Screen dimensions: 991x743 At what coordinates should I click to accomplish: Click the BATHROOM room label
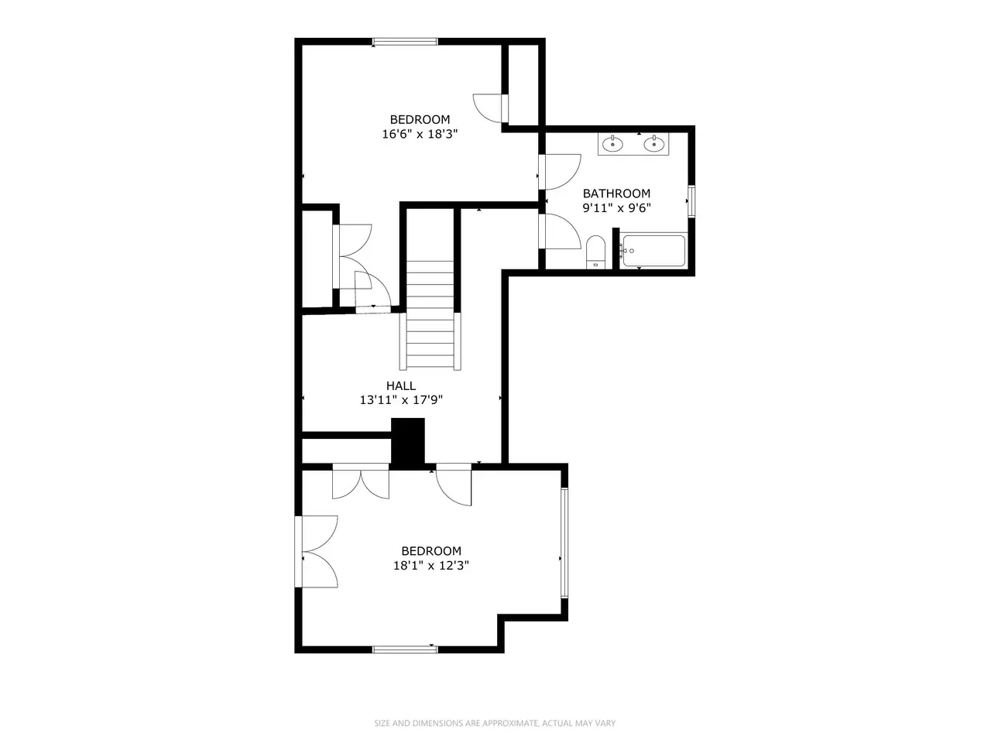coord(616,193)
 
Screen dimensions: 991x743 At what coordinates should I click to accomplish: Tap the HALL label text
coord(401,385)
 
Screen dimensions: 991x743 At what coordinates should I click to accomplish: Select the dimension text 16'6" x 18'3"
coord(420,134)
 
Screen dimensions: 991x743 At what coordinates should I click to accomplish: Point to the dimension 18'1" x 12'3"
coord(431,565)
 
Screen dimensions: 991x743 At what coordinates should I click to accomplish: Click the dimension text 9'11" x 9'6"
coord(617,208)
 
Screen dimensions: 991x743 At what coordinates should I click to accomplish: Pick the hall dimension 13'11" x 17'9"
coord(401,399)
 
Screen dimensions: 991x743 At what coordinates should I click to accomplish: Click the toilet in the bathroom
coord(595,252)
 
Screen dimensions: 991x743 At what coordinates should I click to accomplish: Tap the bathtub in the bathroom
coord(653,251)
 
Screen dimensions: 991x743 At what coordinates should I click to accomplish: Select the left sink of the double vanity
coord(612,144)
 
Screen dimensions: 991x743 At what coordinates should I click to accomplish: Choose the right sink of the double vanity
coord(653,144)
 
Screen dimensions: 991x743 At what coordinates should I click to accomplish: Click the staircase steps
coord(430,315)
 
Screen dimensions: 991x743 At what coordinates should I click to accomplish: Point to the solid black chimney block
coord(408,443)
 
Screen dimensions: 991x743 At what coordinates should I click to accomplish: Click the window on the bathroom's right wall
coord(691,201)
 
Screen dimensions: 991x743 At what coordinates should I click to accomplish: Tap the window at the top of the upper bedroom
coord(405,42)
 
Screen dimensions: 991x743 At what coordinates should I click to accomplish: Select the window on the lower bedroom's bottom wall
coord(405,649)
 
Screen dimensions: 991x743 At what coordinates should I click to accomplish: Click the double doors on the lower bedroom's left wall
coord(317,551)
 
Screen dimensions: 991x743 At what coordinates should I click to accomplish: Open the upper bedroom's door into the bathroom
coord(560,172)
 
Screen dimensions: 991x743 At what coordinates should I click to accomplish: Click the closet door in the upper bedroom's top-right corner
coord(491,108)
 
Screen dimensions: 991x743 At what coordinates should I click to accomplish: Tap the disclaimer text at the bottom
coord(495,723)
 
